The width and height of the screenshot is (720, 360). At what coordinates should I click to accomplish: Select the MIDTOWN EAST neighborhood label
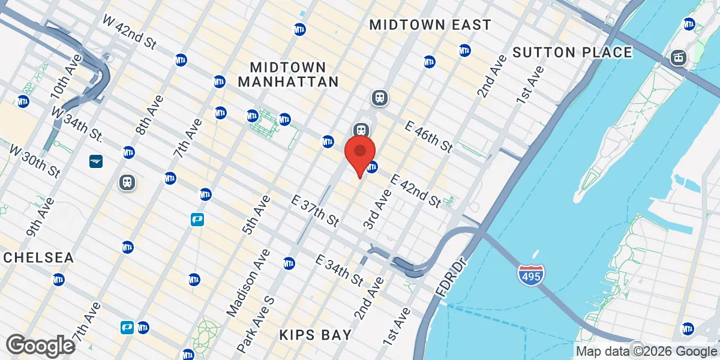(x=430, y=25)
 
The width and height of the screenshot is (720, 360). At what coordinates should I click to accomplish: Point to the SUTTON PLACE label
(x=572, y=53)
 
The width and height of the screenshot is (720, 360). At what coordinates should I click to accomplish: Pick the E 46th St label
(x=428, y=136)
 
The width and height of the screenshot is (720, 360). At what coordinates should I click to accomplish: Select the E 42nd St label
(x=416, y=191)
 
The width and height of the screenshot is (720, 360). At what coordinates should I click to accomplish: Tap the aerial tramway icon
(x=679, y=58)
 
